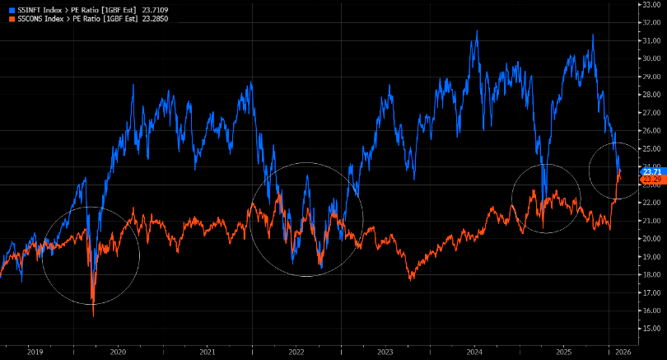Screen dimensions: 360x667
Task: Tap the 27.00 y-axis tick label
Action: [x=651, y=112]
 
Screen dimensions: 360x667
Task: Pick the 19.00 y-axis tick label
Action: [x=651, y=256]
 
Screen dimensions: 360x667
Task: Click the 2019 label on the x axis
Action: [x=35, y=352]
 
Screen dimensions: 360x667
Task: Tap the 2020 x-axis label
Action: [x=118, y=352]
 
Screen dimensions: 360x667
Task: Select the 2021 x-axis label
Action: [x=207, y=352]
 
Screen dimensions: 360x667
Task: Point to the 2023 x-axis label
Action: [x=385, y=352]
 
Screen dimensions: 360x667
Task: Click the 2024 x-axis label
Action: [x=474, y=352]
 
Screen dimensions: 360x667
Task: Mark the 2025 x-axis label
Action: [x=563, y=352]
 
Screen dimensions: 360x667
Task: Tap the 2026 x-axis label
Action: [x=623, y=352]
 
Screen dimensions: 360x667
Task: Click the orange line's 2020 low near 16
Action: [x=93, y=315]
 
